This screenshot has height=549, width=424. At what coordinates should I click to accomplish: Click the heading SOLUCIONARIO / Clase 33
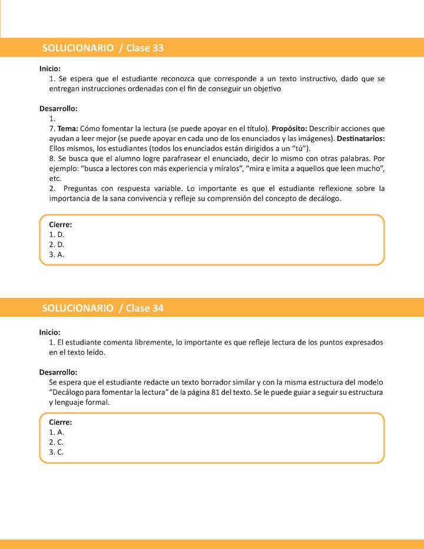103,48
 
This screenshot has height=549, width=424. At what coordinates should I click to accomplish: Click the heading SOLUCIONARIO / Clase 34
103,308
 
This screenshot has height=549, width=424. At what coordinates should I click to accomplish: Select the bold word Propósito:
289,128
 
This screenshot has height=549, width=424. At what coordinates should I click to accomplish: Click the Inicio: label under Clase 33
50,68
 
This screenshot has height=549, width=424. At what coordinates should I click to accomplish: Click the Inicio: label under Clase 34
50,332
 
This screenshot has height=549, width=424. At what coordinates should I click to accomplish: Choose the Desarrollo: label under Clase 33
58,108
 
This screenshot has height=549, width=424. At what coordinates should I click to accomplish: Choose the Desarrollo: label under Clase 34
58,372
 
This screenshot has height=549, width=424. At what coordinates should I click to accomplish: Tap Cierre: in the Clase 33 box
61,224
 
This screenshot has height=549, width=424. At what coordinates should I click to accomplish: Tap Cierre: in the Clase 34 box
61,422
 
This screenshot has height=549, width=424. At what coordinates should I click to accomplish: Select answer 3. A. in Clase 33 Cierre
57,254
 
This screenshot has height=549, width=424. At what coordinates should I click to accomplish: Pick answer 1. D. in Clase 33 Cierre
57,234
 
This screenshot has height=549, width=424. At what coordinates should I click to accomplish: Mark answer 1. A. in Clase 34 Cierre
57,432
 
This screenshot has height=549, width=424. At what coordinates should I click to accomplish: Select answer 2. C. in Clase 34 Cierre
57,442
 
